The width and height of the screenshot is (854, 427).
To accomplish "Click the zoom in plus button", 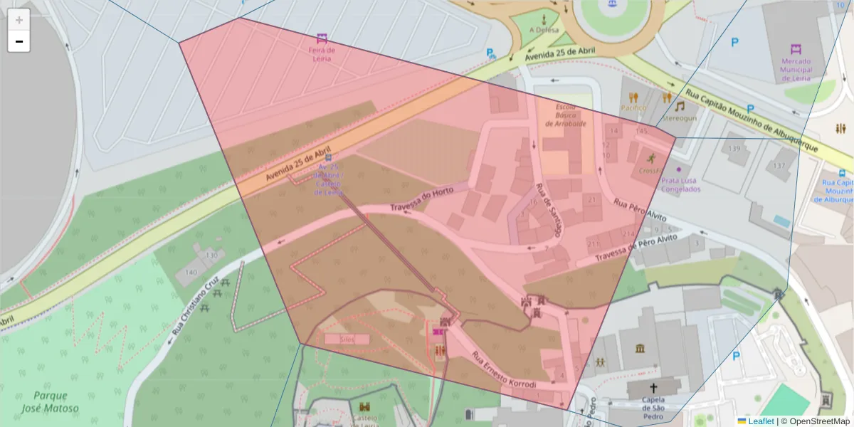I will pos(19,20).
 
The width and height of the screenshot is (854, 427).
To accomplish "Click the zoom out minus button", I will pos(19,41).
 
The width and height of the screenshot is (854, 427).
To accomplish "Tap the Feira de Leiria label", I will pos(322,54).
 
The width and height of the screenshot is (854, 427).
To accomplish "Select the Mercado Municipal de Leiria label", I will pos(796,70).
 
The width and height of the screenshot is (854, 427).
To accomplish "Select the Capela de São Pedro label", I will pos(653,408).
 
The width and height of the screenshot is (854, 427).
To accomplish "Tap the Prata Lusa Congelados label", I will pos(680,184).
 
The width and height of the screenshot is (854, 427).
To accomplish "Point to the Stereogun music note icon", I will pos(680,106).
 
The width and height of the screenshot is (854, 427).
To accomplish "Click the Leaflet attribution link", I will pos(759,421).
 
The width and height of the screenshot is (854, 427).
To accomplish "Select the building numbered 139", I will pos(735,149).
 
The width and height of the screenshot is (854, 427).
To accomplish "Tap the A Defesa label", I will pos(544,30).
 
